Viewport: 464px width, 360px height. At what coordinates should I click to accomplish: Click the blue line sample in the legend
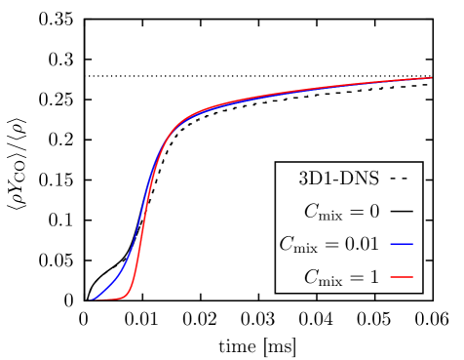click(402, 244)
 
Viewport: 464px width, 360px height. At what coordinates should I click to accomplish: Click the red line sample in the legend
click(402, 277)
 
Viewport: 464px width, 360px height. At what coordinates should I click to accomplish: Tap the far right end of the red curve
click(432, 78)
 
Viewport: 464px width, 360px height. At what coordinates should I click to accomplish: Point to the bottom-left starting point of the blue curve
click(92, 300)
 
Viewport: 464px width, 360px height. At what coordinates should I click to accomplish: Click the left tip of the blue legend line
click(391, 244)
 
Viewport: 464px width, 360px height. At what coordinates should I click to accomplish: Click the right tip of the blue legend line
click(413, 244)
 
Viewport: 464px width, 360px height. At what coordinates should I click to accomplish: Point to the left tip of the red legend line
click(391, 277)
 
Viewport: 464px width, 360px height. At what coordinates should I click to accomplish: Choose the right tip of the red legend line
click(413, 277)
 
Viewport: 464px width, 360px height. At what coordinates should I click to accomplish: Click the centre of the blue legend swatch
click(402, 244)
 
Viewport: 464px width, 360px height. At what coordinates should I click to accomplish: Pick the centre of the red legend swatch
click(402, 277)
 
